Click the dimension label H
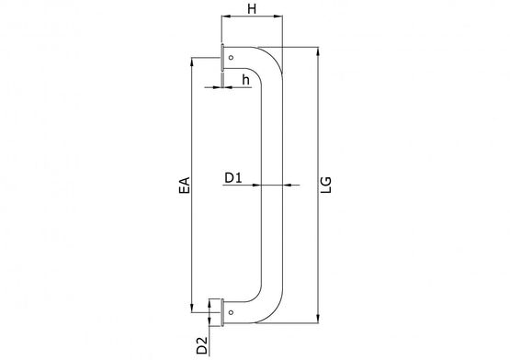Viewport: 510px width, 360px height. click(x=252, y=9)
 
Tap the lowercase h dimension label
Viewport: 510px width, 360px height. click(x=246, y=80)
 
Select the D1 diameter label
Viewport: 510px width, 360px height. click(x=233, y=178)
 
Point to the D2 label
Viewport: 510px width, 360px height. click(x=202, y=345)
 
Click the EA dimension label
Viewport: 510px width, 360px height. click(x=185, y=186)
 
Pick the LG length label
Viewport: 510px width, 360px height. click(x=325, y=185)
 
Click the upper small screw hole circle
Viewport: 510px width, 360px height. click(x=231, y=58)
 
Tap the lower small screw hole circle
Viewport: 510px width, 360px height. click(x=231, y=312)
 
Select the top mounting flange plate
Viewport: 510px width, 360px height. click(x=222, y=58)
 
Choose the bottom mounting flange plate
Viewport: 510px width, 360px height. click(x=222, y=312)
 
